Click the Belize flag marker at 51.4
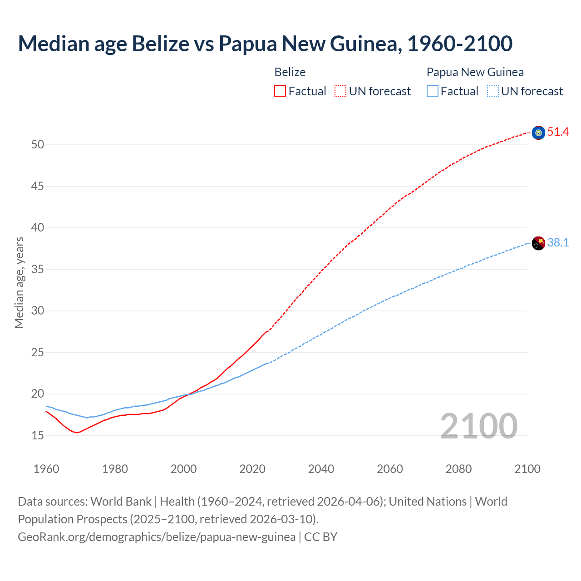538,133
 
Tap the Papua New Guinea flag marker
538,243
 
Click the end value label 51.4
558,132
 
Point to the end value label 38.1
558,243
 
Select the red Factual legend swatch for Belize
280,91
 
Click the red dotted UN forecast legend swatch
340,91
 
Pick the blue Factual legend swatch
433,91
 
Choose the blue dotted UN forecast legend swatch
493,91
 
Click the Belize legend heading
290,72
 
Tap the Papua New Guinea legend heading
475,72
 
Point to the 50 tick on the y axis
38,145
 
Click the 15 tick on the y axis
38,436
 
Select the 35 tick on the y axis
38,270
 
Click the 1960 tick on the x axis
46,469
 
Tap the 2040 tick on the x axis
321,469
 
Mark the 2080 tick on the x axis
458,469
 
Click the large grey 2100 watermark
479,426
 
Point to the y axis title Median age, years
19,282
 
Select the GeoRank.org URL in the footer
157,537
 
